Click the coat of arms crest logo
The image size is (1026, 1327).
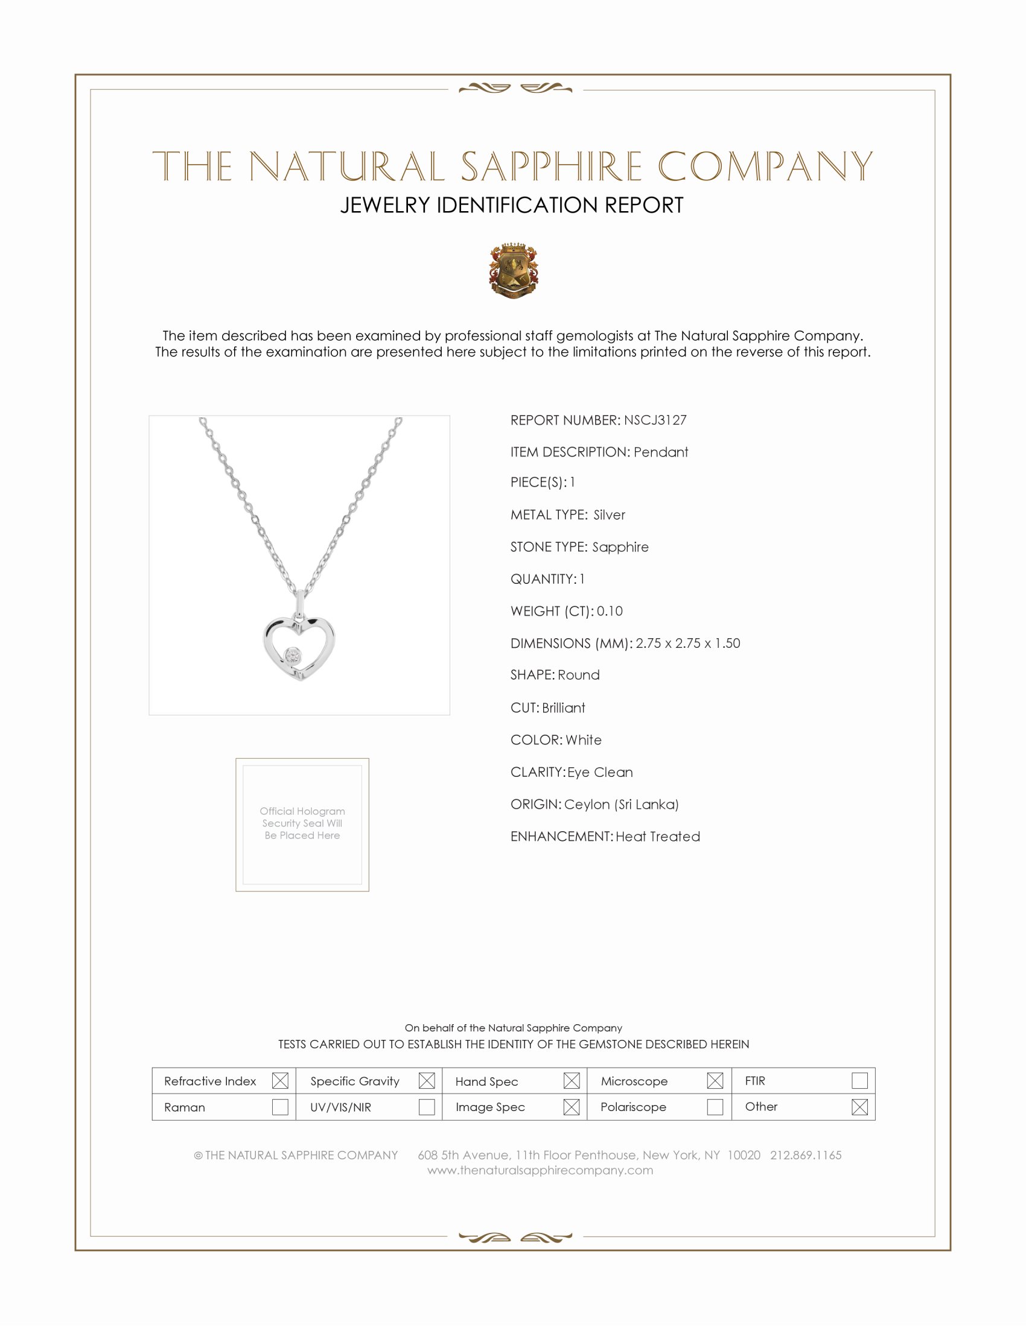coord(514,270)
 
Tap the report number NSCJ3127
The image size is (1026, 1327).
coord(655,420)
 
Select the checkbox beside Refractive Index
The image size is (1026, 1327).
coord(280,1080)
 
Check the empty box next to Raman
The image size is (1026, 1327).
coord(280,1106)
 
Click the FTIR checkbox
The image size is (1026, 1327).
coord(859,1080)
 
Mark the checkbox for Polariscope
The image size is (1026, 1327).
coord(715,1106)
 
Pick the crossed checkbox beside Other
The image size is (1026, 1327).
coord(859,1106)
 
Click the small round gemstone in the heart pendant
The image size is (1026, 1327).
coord(293,656)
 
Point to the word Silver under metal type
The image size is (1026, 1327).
coord(609,515)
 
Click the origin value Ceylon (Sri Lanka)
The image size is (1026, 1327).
coord(621,804)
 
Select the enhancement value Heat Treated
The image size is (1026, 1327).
coord(658,836)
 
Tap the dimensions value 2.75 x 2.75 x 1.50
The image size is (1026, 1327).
coord(687,643)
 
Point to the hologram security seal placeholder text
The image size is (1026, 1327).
coord(302,823)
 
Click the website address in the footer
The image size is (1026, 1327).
coord(540,1170)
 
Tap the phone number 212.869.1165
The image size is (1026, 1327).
coord(805,1154)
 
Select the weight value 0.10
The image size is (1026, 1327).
coord(610,610)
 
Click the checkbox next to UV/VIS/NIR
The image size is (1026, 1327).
coord(427,1106)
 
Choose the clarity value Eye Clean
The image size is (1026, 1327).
coord(600,771)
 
